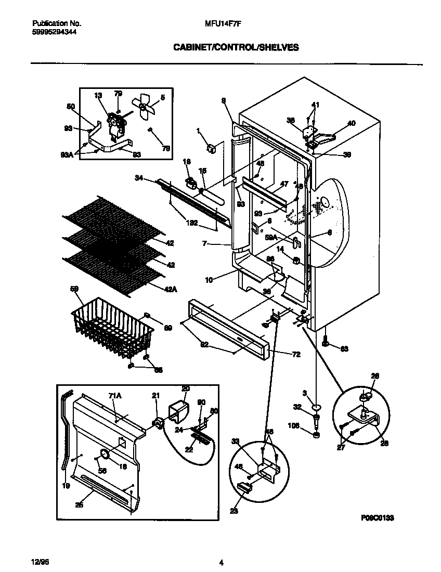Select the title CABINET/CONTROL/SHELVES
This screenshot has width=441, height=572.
point(236,47)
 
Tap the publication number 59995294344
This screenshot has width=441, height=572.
point(54,31)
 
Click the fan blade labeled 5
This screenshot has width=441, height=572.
point(144,107)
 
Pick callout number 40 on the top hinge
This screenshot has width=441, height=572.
point(352,123)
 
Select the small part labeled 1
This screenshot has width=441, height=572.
point(211,149)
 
